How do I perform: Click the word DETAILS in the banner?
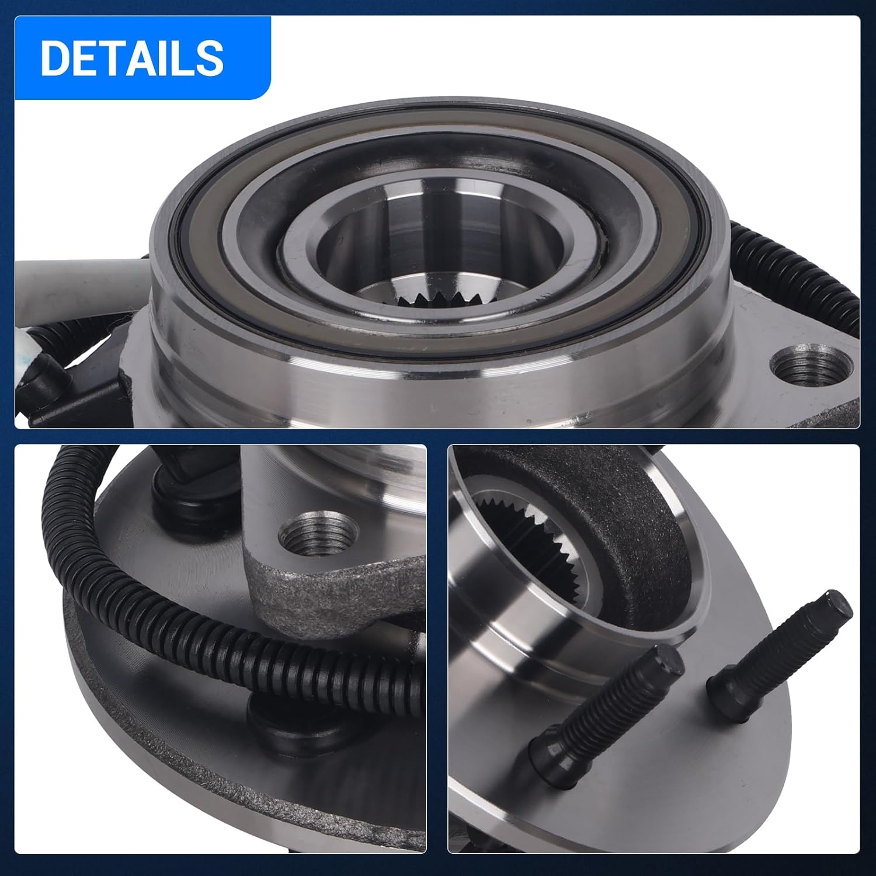click(132, 58)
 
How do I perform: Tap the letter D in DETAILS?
click(54, 58)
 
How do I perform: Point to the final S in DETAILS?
click(210, 58)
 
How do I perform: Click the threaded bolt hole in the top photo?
click(811, 367)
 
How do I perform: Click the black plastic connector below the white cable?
click(47, 374)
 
